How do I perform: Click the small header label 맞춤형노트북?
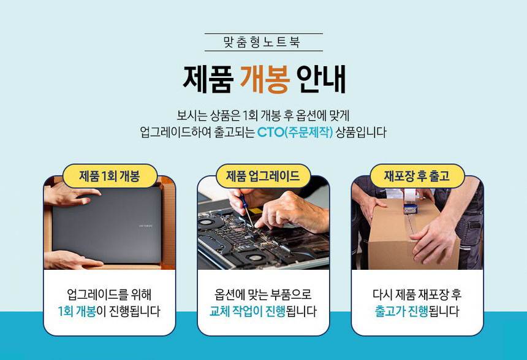[x=263, y=42]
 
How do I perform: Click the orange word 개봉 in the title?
[x=263, y=79]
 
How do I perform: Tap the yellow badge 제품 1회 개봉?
[x=110, y=176]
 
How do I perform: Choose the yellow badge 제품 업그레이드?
[x=263, y=176]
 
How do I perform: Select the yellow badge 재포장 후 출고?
[x=417, y=176]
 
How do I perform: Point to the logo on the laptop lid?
[x=135, y=226]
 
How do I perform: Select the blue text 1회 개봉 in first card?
[x=77, y=311]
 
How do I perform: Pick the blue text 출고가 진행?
[x=401, y=311]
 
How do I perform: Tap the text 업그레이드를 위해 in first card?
[x=109, y=294]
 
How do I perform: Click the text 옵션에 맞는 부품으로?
[x=263, y=294]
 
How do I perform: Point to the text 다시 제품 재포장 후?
[x=417, y=294]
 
